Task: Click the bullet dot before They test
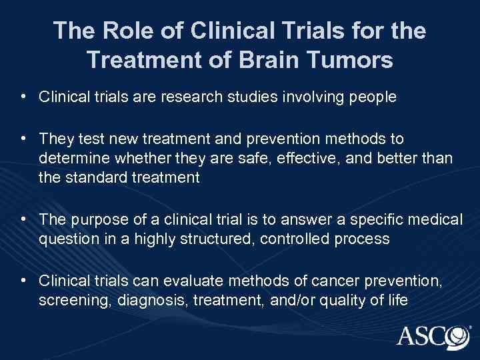click(24, 137)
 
